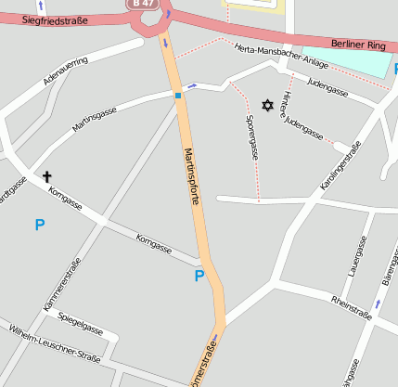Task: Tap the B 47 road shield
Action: (x=140, y=4)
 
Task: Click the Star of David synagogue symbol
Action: (x=269, y=106)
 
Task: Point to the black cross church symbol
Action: (x=46, y=174)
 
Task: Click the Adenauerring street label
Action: (x=66, y=71)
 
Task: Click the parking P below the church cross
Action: (x=39, y=224)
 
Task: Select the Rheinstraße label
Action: (x=352, y=307)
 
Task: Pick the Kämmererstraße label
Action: (x=62, y=284)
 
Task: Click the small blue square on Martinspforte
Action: (x=177, y=95)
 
